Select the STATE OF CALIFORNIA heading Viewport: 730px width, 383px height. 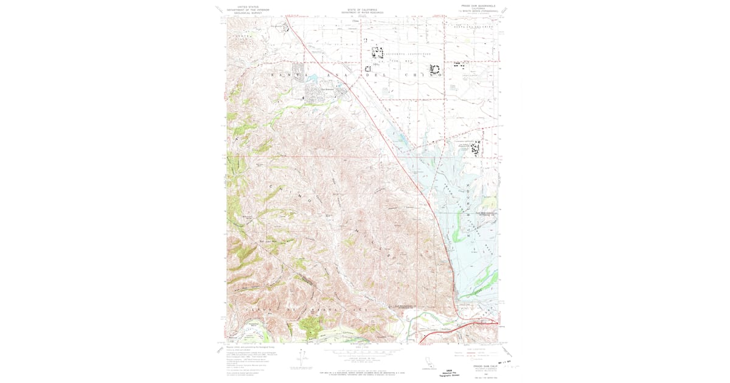363,10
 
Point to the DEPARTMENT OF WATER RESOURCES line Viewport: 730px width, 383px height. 363,13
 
